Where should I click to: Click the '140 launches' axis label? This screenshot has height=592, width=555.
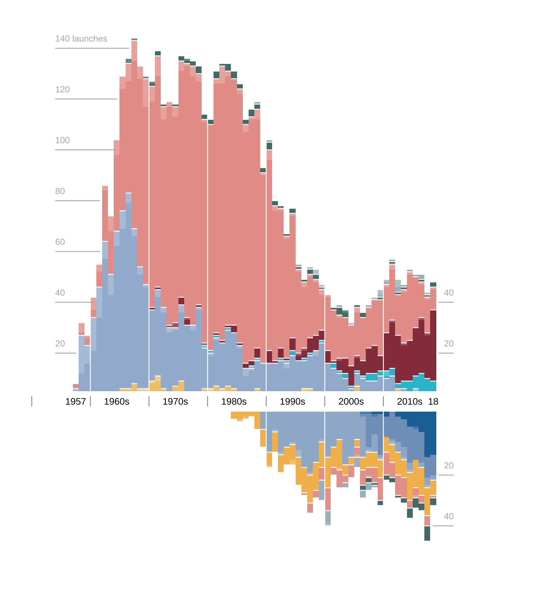coord(81,39)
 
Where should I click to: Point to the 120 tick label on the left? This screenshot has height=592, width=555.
coord(62,90)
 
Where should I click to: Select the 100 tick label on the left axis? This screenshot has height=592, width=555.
coord(62,141)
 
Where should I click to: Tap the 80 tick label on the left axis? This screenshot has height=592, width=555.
coord(60,192)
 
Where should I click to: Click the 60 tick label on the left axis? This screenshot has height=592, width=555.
coord(60,242)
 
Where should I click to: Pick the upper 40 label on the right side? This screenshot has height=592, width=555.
coord(449,293)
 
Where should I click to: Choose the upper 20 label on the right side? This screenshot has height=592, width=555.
coord(449,344)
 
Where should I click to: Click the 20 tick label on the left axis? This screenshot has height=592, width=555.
coord(60,344)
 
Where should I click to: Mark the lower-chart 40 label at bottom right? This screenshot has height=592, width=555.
coord(449,516)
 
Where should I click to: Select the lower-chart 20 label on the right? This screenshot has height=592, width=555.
coord(449,466)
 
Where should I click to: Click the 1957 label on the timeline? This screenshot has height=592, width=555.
coord(76,402)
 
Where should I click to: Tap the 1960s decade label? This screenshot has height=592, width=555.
coord(117,402)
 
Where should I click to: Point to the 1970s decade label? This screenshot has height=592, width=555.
coord(175,402)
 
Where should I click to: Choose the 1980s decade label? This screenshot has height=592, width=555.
coord(234,402)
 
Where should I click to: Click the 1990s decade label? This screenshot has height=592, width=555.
coord(293,402)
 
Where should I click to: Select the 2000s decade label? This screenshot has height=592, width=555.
coord(351,402)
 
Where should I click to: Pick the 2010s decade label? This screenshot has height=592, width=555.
coord(410,402)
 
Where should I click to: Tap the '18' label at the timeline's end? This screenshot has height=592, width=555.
coord(433,402)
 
